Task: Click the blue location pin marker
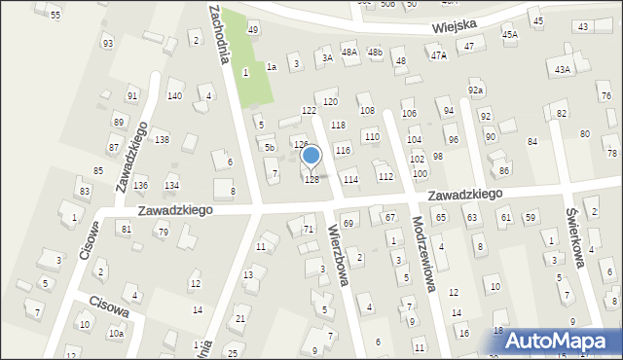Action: tap(311, 156)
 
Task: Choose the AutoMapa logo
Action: tap(563, 342)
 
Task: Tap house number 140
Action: tap(174, 95)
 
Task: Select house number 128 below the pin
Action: tap(311, 180)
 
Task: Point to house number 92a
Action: tap(475, 90)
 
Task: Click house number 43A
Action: tap(562, 69)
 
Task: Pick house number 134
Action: tap(171, 185)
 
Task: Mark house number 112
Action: tap(385, 176)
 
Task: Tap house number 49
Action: tap(253, 30)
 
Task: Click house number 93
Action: tap(107, 44)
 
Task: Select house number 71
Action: tap(309, 229)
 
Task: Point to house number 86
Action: tap(503, 171)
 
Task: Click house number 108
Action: tap(367, 111)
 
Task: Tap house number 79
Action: tap(163, 232)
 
